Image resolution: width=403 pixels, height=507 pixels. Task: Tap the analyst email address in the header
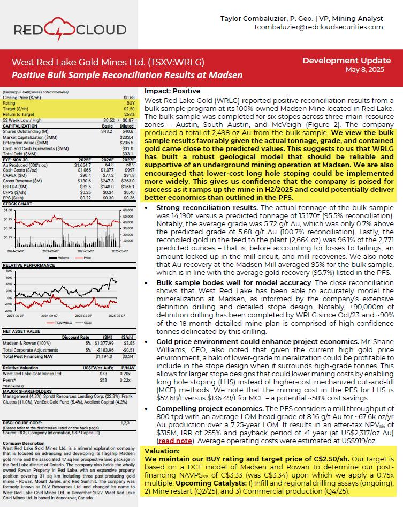click(x=318, y=27)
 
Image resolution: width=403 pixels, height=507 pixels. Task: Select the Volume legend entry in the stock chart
click(x=61, y=257)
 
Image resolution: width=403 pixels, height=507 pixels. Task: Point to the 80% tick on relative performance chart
click(x=8, y=271)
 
